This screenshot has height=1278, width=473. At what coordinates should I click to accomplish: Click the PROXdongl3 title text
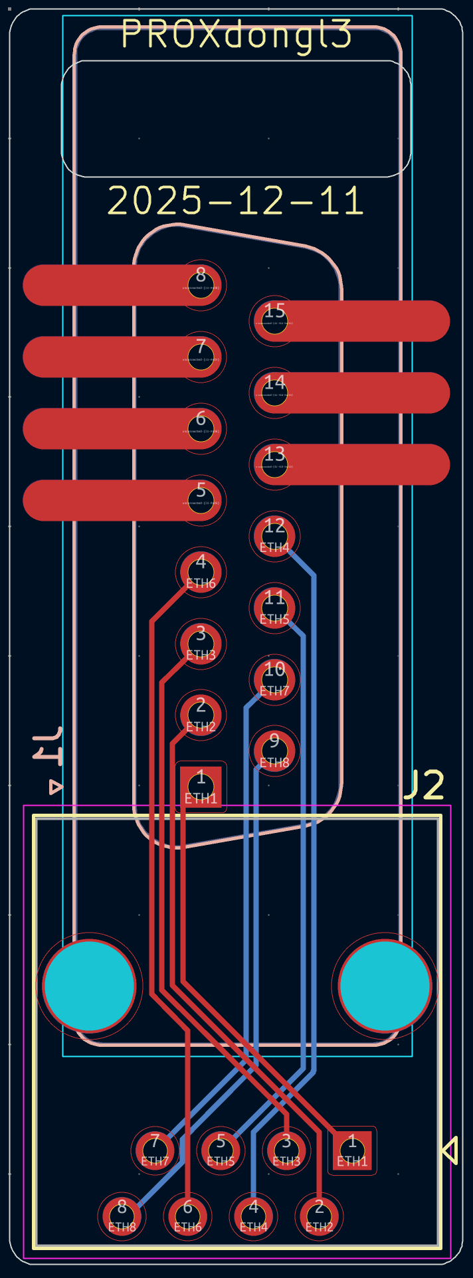pos(236,35)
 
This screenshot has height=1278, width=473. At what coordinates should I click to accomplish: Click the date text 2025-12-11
pos(236,201)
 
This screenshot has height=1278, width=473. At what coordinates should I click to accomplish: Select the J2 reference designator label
pos(424,786)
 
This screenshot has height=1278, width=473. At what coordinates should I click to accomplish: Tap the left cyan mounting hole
pos(89,986)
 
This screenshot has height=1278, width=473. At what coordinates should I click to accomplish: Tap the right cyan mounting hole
pos(385,986)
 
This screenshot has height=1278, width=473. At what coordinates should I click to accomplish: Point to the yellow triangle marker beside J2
pos(450,1150)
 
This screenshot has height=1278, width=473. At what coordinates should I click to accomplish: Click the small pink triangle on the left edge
pos(56,787)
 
